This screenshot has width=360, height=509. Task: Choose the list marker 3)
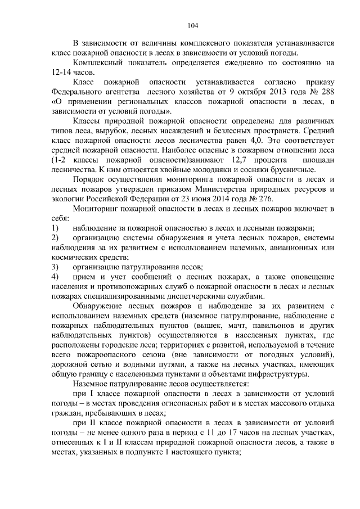[x=55, y=267]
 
